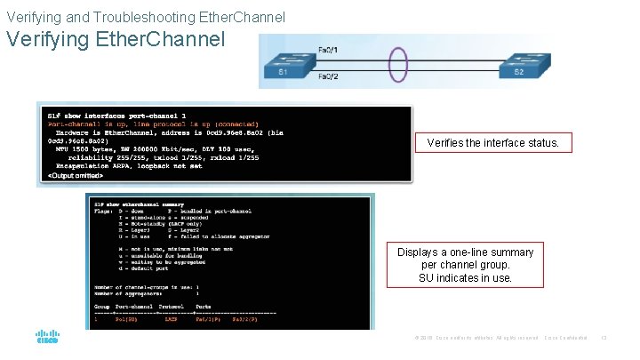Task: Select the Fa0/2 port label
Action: point(328,78)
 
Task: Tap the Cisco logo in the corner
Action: point(47,339)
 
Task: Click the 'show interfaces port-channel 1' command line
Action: point(116,115)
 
